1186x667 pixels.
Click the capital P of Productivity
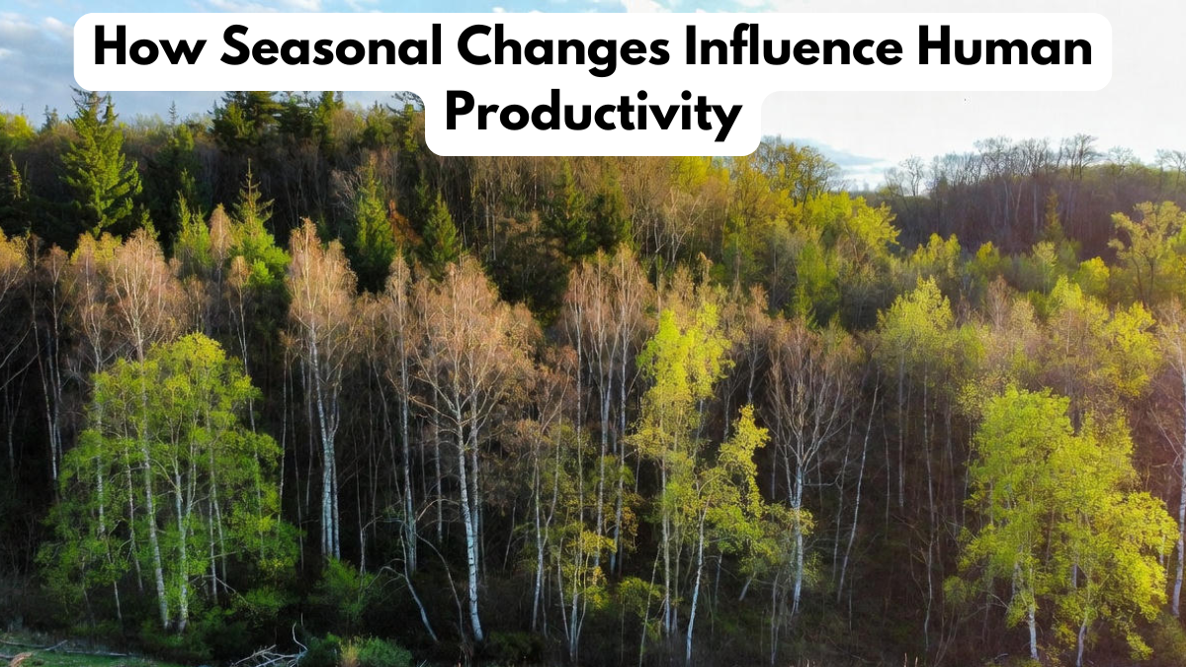pyautogui.click(x=460, y=114)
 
